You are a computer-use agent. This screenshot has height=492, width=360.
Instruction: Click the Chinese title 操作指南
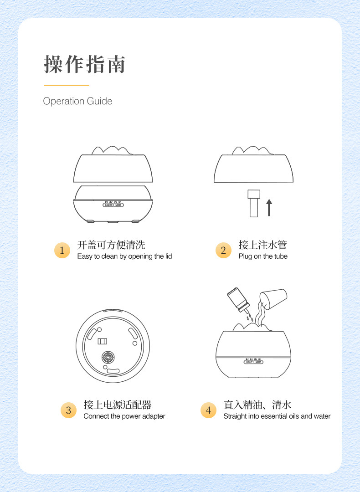84,64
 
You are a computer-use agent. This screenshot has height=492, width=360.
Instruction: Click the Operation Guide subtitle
77,101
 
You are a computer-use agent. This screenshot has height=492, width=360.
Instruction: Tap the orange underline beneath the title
67,85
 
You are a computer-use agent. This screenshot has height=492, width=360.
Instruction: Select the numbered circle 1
62,250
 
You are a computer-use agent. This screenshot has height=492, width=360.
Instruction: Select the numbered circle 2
223,250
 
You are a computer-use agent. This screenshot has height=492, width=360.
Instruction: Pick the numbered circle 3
68,410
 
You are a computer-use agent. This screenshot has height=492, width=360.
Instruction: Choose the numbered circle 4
208,410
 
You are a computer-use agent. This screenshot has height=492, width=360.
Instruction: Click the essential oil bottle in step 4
238,300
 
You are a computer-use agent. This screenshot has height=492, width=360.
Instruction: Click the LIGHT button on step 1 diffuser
108,205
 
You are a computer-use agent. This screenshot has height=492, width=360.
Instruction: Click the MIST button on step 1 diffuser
118,205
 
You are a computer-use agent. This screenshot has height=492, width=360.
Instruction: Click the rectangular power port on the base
102,341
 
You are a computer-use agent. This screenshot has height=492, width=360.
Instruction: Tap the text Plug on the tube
263,256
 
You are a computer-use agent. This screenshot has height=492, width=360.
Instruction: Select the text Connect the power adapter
124,416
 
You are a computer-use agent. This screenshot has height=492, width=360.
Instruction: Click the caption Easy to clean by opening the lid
124,256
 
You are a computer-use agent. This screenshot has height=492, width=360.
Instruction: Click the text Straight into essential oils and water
277,416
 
